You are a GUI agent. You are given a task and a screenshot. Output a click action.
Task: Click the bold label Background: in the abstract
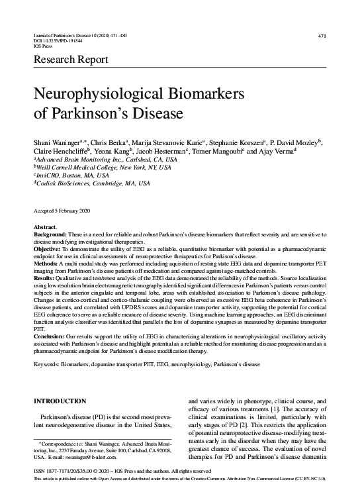[50, 235]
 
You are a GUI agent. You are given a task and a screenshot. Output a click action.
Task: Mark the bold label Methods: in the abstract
[47, 263]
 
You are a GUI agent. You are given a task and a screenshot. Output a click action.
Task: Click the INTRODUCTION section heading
[60, 401]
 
